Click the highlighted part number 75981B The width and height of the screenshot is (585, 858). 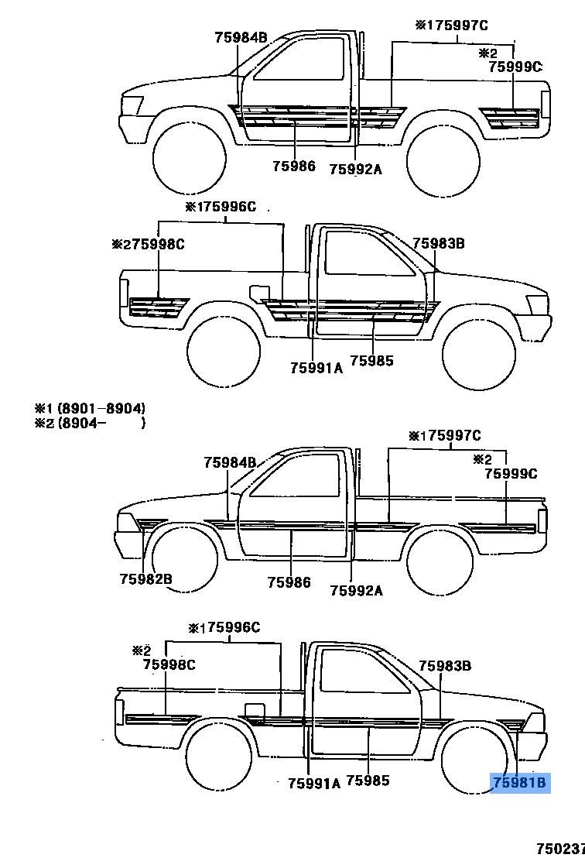pos(520,783)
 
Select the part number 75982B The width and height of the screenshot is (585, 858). pos(145,578)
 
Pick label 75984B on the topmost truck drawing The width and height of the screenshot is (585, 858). pos(241,36)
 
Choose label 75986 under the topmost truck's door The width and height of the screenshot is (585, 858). pos(294,166)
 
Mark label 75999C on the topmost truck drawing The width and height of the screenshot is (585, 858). pos(515,67)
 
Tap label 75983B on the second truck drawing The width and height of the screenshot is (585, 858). pos(438,243)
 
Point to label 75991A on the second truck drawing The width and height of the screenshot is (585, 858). pos(316,368)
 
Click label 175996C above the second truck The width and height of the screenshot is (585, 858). pos(225,207)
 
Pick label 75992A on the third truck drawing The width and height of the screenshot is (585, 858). pos(356,590)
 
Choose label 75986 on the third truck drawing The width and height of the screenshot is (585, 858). pos(289,582)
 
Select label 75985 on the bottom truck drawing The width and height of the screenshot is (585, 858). pos(368,781)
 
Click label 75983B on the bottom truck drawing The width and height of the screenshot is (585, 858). pos(445,665)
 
